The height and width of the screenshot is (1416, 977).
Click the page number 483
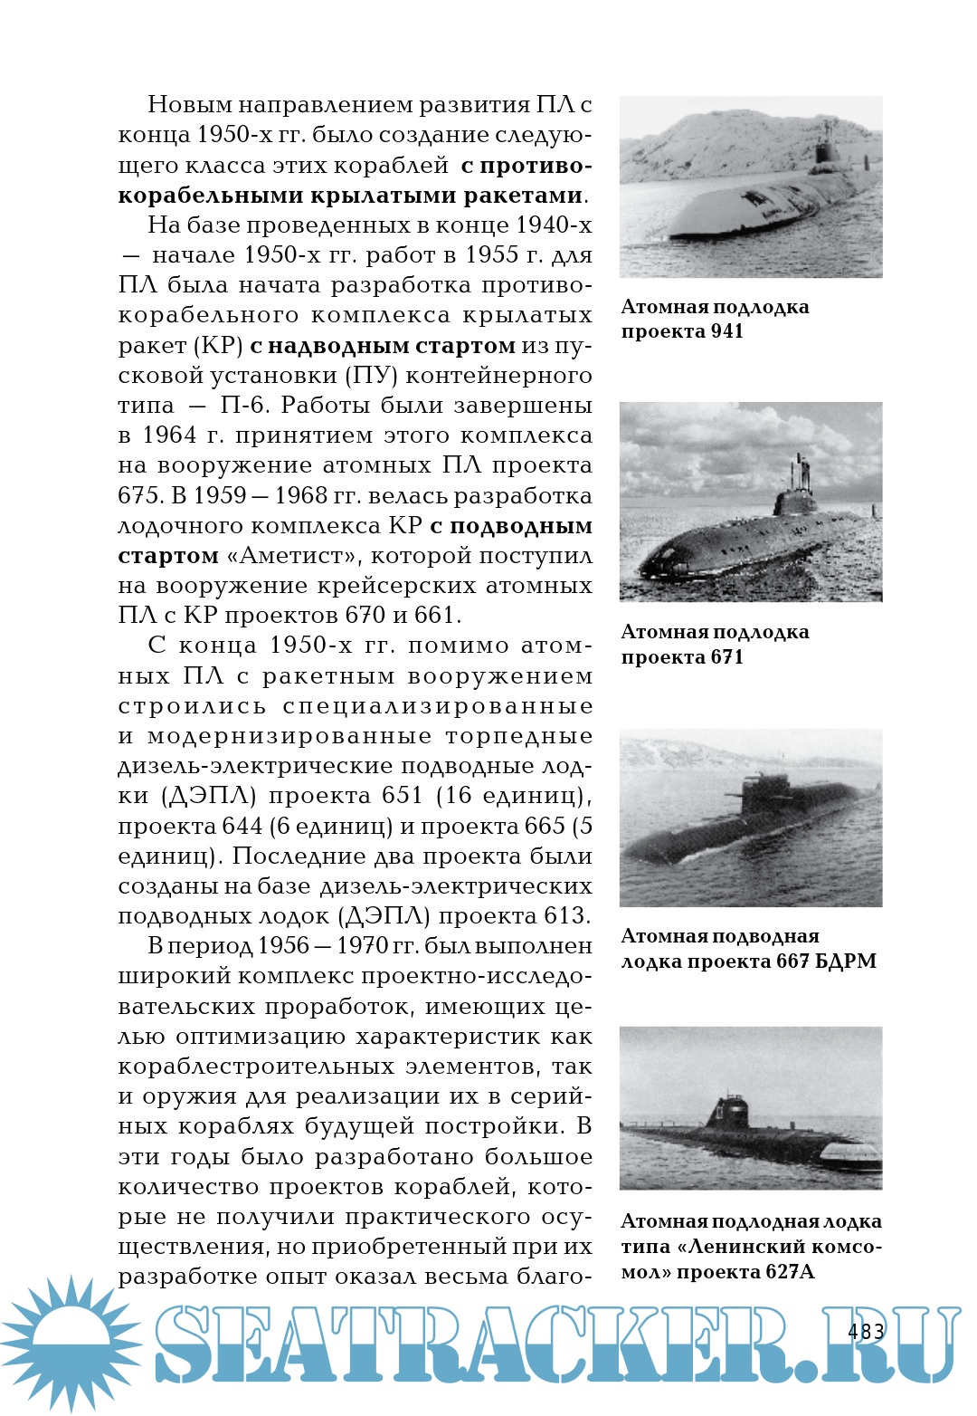click(x=866, y=1331)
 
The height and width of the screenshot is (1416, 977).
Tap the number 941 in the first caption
click(x=726, y=331)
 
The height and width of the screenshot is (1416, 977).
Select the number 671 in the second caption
click(x=726, y=657)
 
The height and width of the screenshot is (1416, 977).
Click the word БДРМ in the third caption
click(x=846, y=962)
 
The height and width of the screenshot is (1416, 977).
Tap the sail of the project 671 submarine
click(x=795, y=497)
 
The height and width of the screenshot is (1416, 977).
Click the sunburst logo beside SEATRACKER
click(x=71, y=1343)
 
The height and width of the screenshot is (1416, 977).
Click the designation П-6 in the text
click(x=242, y=406)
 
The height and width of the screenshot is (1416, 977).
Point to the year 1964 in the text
click(x=169, y=435)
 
